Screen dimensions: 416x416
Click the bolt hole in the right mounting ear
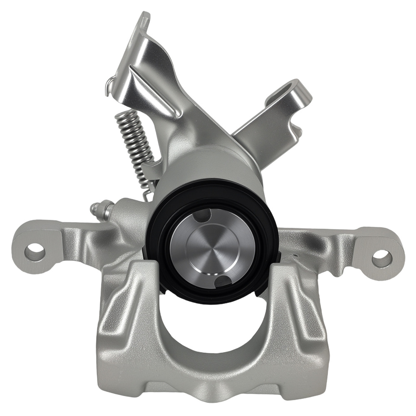tap(381, 259)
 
